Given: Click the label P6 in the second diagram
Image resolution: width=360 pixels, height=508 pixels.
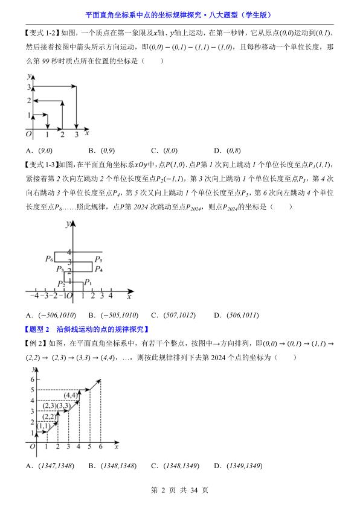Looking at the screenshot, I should [49, 258].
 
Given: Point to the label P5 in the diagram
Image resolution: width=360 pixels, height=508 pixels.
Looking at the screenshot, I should [98, 258].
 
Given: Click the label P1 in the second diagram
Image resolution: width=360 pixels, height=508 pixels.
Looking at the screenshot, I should [88, 282].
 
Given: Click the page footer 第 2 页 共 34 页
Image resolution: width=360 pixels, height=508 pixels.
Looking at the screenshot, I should [179, 491].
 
